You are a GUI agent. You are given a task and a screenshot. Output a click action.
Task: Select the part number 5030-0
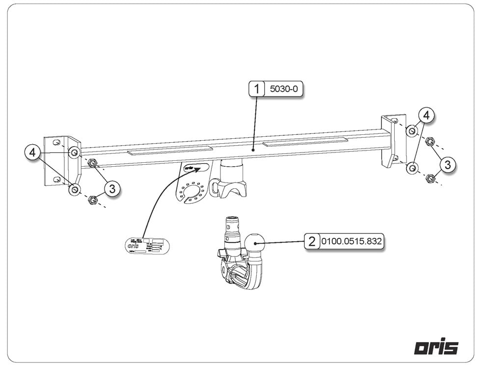click(x=284, y=89)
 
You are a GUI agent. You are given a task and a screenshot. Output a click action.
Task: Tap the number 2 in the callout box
click(x=312, y=242)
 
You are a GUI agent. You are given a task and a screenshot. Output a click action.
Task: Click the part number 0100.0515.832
click(x=351, y=242)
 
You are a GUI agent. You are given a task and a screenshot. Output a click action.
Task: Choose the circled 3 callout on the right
click(x=447, y=165)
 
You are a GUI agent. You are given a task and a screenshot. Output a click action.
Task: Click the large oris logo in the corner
click(x=436, y=347)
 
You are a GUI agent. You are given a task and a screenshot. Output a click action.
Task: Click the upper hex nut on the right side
click(x=430, y=142)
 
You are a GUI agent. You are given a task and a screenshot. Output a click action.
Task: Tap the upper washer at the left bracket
click(x=74, y=153)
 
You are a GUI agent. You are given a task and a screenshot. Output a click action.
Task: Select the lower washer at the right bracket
click(x=412, y=168)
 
